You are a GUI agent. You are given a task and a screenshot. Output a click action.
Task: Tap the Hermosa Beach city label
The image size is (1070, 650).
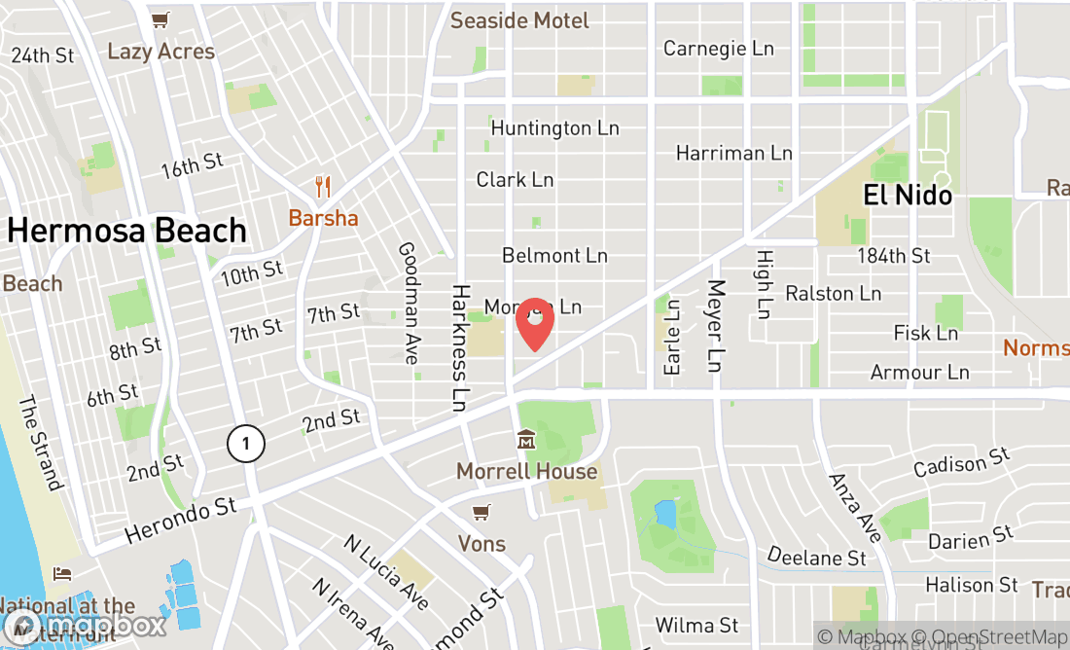coord(127,231)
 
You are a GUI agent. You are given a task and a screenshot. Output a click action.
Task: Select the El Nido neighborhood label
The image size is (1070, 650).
coord(908,196)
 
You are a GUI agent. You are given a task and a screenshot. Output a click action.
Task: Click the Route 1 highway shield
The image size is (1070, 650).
coord(246,445)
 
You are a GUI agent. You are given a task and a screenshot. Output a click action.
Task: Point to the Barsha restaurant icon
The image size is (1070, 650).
coord(323,187)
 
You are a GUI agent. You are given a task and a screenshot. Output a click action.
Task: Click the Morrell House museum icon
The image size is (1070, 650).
coord(526,440)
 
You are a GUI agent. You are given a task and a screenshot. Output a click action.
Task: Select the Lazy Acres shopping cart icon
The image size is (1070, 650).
coord(160,19)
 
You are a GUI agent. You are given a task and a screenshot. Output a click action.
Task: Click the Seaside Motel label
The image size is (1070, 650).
coord(519,20)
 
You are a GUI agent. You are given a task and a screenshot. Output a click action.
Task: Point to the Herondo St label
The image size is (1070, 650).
coord(181,522)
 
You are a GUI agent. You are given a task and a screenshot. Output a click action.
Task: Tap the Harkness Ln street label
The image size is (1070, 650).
coord(460,347)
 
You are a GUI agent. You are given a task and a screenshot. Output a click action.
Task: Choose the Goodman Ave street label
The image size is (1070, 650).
coord(409,304)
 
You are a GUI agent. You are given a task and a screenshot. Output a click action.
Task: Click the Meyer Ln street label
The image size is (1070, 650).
coord(716,327)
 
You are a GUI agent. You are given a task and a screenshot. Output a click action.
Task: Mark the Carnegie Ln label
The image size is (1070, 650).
coord(718,48)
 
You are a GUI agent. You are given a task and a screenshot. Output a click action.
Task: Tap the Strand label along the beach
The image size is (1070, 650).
coord(40,443)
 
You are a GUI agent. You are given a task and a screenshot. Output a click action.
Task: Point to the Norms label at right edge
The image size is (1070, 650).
coord(1036,347)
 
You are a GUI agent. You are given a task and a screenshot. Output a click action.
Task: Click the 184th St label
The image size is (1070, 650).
coord(893,256)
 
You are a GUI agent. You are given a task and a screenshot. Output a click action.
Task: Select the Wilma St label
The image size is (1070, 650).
coord(696,625)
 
